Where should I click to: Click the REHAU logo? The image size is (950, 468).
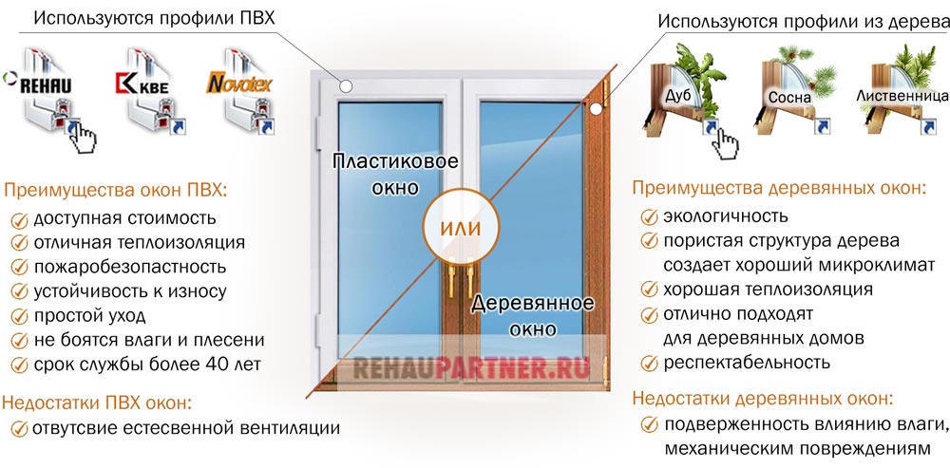(47, 84)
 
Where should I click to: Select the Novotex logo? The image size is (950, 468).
(239, 84)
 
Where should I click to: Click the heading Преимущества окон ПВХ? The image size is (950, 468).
(116, 190)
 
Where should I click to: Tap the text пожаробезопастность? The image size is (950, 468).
(129, 267)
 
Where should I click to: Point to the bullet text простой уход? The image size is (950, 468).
(89, 315)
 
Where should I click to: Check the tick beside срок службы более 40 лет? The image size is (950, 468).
(19, 364)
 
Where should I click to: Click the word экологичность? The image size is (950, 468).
(725, 216)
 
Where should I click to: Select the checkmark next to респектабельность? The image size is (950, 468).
(649, 362)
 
